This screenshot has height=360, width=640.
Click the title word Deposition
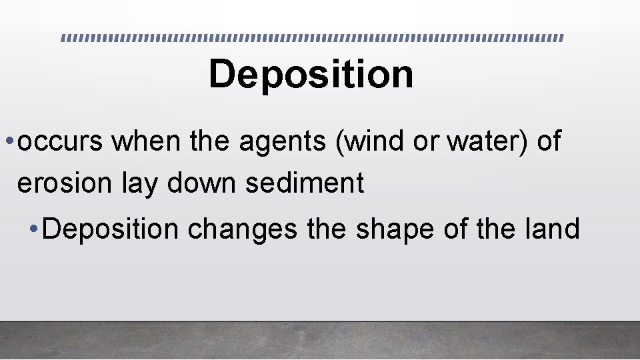click(311, 75)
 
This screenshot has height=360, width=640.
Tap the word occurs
click(61, 142)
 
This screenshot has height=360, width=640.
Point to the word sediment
click(305, 183)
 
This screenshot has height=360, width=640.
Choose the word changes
click(243, 229)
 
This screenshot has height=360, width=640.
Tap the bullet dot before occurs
click(9, 143)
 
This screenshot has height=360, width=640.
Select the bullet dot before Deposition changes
click(34, 229)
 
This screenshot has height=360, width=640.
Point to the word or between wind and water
click(425, 143)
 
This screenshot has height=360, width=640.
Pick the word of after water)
click(549, 141)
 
